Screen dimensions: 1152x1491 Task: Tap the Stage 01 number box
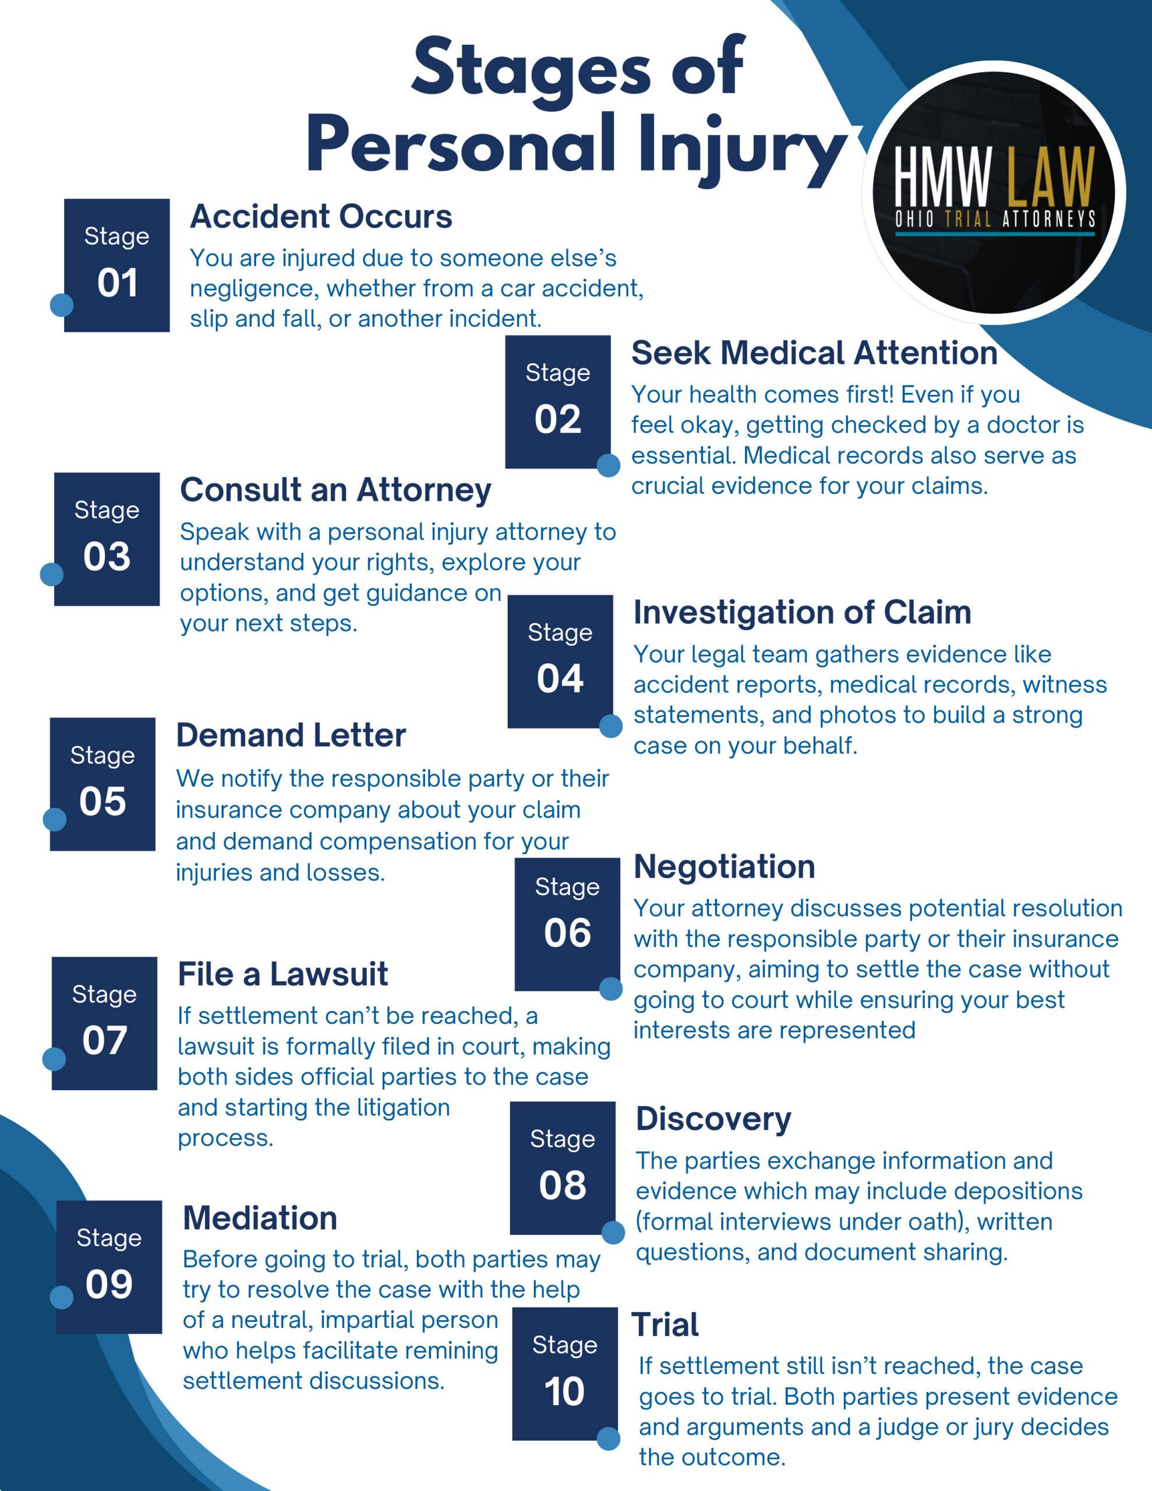coord(116,265)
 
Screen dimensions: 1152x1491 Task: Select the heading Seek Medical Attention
coord(814,353)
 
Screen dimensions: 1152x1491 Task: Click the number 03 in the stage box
coord(107,556)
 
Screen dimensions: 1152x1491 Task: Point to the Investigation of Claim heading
coord(802,612)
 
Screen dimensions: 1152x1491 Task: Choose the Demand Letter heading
coord(291,735)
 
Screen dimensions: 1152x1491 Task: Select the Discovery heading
coord(713,1119)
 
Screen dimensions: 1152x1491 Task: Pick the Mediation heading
coord(260,1218)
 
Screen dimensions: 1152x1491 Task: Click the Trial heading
coord(665,1325)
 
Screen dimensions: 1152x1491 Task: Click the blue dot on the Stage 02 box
coord(609,465)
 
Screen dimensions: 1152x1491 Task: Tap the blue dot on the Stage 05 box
coord(55,819)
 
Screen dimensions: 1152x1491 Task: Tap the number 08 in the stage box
coord(562,1185)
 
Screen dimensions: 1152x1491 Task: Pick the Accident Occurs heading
coord(321,217)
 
